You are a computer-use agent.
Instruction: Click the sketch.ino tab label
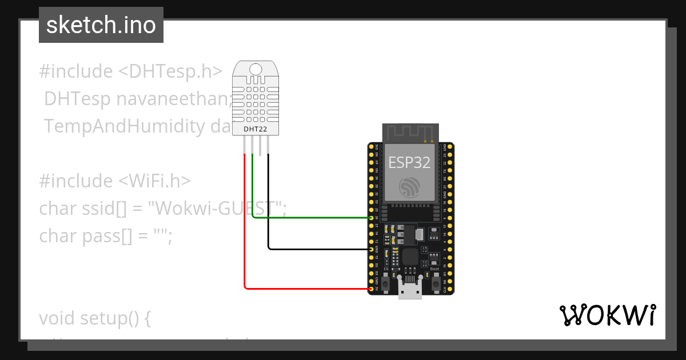point(101,25)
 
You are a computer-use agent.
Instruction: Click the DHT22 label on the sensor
point(256,129)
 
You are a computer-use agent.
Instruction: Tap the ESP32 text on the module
point(409,162)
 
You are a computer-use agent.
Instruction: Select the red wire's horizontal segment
point(309,289)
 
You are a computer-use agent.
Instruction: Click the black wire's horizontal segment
point(320,249)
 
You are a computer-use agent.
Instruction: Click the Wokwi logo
point(607,315)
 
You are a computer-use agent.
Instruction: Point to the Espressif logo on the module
point(409,187)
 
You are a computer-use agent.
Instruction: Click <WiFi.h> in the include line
point(154,181)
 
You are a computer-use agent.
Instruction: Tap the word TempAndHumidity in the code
point(123,126)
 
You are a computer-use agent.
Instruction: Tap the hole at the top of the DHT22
point(256,69)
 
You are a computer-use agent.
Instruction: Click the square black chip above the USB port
point(410,257)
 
